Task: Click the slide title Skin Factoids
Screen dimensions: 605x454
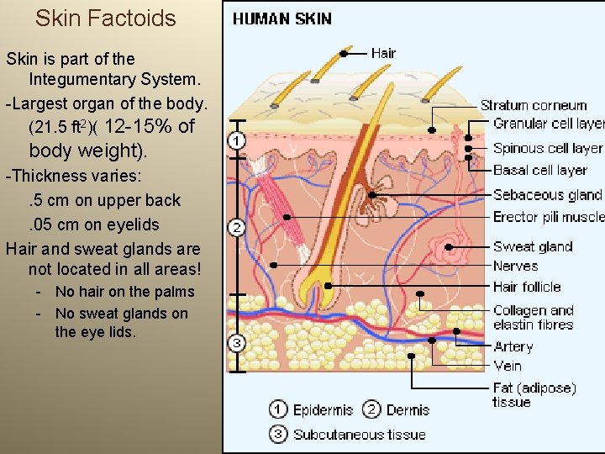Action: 106,18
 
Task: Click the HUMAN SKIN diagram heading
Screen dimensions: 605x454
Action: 282,18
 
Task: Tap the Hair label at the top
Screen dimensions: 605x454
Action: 383,53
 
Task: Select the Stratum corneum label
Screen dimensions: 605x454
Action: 534,106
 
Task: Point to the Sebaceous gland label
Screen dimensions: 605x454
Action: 547,195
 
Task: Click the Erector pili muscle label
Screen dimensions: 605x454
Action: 549,217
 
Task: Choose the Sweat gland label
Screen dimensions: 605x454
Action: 533,246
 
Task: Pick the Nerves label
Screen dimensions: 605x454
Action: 515,266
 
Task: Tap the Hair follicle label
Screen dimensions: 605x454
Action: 527,287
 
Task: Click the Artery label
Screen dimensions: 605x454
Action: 513,346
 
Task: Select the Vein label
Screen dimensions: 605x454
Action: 508,366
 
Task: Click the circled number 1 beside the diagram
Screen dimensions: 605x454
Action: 237,141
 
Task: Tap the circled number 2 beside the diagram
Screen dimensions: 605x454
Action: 237,228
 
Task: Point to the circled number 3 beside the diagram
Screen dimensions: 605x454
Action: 237,343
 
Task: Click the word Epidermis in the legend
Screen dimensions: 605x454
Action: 323,410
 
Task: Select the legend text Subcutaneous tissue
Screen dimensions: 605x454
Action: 360,435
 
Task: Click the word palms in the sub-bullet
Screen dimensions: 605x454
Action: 174,292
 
